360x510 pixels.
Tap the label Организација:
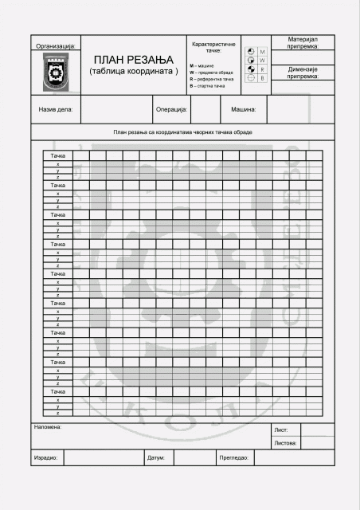[56, 47]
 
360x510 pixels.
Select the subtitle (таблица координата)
[133, 73]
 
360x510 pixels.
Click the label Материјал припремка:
[302, 42]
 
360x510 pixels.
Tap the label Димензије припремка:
[302, 73]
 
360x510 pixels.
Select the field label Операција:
[171, 109]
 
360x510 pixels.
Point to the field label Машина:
[244, 109]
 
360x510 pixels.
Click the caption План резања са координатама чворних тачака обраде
[182, 131]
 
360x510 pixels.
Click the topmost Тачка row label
[58, 155]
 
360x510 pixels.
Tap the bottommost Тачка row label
[58, 391]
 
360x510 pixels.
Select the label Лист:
[281, 429]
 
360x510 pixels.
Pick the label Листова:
[285, 442]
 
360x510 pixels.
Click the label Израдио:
[45, 458]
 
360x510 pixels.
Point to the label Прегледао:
[234, 458]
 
